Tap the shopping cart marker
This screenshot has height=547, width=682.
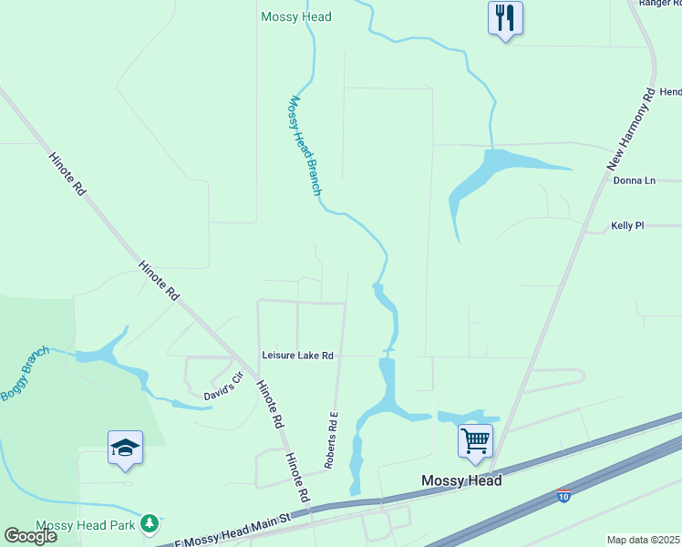475,441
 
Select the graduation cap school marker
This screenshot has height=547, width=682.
125,448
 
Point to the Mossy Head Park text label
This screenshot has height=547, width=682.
86,526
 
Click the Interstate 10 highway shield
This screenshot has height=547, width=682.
563,495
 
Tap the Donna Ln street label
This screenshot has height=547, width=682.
635,181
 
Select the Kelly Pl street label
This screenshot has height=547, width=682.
627,225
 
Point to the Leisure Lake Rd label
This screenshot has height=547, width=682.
298,356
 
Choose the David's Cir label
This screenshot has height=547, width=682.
224,385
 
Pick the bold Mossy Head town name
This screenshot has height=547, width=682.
461,480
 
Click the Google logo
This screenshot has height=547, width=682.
31,535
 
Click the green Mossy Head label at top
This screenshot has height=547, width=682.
296,16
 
